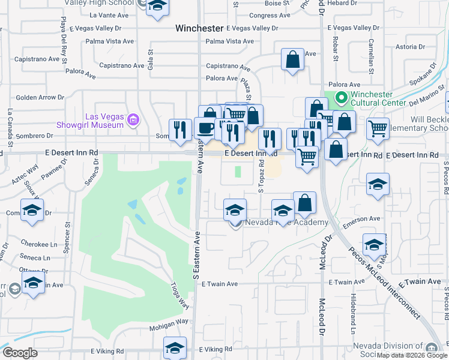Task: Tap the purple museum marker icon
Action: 133,121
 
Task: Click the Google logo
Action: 20,353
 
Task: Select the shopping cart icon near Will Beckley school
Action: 378,128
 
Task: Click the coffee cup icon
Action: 205,128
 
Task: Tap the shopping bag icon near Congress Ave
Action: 292,59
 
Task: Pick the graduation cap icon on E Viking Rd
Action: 175,347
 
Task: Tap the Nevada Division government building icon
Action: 431,349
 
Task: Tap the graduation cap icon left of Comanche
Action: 32,211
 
